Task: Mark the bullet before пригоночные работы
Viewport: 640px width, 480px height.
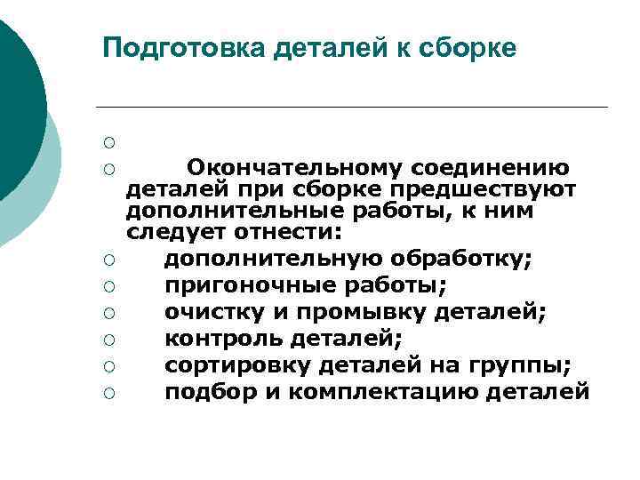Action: click(x=107, y=286)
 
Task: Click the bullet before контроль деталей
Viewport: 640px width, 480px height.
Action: click(x=107, y=340)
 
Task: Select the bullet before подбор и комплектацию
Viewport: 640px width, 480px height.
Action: click(x=107, y=392)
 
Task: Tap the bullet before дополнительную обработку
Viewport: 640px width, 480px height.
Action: click(x=107, y=260)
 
